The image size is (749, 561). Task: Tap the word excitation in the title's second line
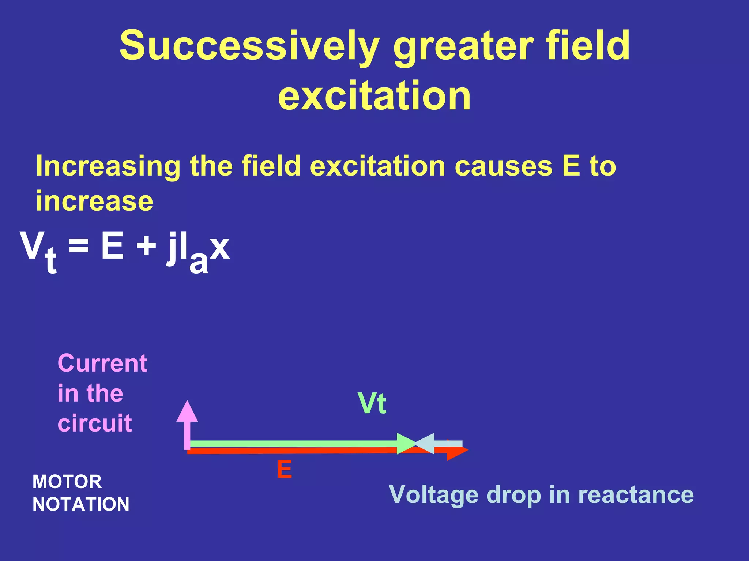[x=374, y=96]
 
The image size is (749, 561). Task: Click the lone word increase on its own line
[x=94, y=201]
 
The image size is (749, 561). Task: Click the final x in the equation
[x=220, y=248]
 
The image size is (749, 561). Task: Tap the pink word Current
[x=102, y=364]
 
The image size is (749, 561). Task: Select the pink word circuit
[x=95, y=423]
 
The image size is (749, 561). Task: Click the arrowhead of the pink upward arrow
[x=187, y=411]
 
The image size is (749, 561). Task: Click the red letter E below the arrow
[x=284, y=470]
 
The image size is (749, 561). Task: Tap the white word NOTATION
[x=81, y=504]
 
